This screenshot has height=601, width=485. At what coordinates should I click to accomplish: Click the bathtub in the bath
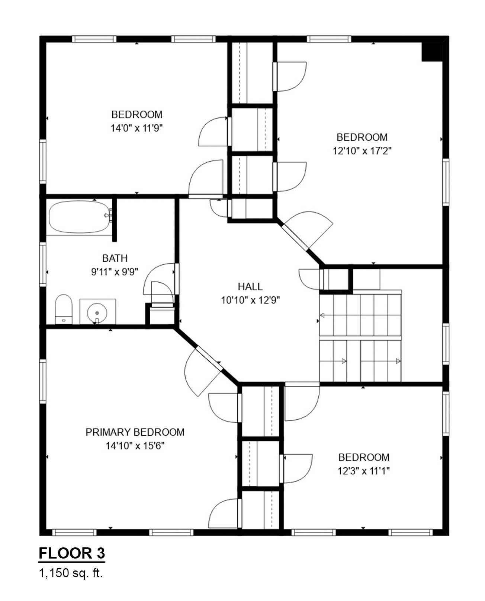[x=79, y=217]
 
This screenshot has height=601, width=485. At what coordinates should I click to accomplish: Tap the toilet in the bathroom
[x=63, y=309]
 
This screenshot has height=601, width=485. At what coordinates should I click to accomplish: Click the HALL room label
[x=250, y=286]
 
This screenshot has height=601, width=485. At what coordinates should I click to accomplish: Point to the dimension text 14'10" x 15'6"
[x=135, y=445]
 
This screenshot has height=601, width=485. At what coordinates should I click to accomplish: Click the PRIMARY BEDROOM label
[x=135, y=432]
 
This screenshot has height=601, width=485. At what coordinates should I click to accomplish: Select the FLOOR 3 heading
[x=72, y=553]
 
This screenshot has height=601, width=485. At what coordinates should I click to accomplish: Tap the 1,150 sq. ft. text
[x=71, y=573]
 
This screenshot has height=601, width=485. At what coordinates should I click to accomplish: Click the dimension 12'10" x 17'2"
[x=362, y=151]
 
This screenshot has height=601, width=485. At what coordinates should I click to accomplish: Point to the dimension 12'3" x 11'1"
[x=363, y=471]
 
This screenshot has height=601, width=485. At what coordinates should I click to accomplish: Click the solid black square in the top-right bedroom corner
[x=431, y=51]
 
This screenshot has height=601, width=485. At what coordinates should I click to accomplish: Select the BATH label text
[x=115, y=258]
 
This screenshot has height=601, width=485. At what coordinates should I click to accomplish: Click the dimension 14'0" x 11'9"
[x=136, y=128]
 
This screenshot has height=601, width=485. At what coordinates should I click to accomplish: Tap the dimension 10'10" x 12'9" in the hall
[x=250, y=300]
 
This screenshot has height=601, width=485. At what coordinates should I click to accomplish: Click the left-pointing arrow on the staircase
[x=322, y=315]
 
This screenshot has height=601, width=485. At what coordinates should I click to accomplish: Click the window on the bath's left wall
[x=43, y=264]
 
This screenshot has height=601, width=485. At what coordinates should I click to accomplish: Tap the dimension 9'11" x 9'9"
[x=115, y=272]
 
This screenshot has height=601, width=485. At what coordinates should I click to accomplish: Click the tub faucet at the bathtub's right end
[x=109, y=215]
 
